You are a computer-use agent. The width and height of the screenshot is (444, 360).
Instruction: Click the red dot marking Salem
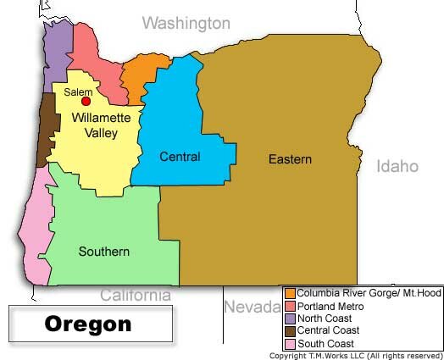point(85,102)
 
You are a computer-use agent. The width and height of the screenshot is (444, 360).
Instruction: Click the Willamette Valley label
point(95,125)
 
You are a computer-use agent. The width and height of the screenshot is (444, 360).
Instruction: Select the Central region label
point(180,157)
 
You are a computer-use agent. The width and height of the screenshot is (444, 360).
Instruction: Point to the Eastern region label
point(290,159)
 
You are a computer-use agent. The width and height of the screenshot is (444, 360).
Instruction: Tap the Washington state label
point(186,22)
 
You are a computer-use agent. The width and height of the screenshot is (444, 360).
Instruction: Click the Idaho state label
point(397,166)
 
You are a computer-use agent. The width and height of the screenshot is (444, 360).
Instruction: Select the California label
point(136,296)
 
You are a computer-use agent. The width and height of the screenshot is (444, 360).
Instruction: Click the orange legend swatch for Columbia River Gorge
point(291,294)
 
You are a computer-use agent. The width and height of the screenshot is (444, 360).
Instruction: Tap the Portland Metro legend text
point(330,306)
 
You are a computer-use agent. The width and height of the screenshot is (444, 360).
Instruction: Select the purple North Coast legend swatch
point(291,318)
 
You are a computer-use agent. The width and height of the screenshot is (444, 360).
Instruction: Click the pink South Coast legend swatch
point(291,343)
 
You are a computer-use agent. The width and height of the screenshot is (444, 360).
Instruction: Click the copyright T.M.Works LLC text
point(355,355)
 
